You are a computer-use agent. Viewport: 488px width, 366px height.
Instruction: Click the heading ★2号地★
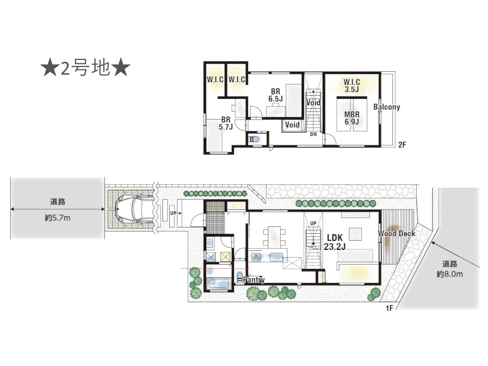point(85,69)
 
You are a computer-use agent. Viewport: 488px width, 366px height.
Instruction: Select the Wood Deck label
point(397,234)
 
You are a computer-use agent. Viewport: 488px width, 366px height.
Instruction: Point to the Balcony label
point(387,107)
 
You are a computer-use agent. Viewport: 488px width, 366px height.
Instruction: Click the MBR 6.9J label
point(351,118)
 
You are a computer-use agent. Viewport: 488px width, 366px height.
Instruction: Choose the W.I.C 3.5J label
point(351,85)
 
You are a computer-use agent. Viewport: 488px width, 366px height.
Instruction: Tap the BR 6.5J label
point(275,95)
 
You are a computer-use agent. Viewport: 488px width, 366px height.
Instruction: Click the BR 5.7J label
point(225,123)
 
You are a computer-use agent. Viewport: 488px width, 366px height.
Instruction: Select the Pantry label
point(253,280)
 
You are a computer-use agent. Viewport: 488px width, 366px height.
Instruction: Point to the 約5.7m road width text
point(58,218)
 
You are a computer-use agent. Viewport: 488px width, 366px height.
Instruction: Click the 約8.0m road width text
point(449,274)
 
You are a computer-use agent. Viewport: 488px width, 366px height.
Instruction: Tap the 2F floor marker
point(402,144)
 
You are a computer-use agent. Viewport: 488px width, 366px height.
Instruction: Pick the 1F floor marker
point(389,308)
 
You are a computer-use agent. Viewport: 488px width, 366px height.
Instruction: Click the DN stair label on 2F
point(313,134)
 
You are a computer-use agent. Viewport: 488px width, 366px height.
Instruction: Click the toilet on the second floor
point(254,140)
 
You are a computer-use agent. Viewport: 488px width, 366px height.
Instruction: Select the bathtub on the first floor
point(219,283)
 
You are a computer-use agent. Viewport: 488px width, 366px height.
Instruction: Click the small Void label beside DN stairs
point(292,125)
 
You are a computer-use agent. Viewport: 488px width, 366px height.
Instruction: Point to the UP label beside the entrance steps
point(173,213)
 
